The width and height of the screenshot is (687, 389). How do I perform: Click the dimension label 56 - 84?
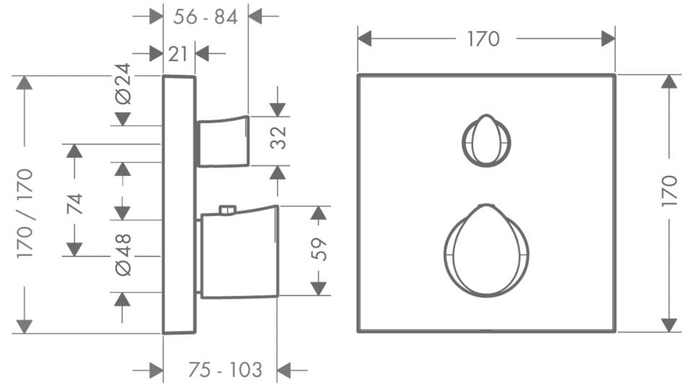click(x=205, y=17)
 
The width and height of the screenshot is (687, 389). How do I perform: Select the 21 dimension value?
click(x=178, y=53)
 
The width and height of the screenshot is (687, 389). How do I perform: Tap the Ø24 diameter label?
click(x=124, y=84)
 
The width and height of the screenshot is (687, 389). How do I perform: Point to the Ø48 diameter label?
click(x=124, y=254)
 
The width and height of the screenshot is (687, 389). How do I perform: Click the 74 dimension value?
click(x=75, y=203)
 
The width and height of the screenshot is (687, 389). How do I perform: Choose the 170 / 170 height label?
click(x=25, y=213)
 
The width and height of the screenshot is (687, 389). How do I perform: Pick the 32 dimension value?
click(x=278, y=138)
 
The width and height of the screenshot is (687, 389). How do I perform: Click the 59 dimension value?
click(x=319, y=249)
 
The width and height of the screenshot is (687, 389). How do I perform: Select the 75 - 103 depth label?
click(x=226, y=370)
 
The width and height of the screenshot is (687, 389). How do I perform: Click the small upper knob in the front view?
click(x=486, y=139)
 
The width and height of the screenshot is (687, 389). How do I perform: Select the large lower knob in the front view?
click(x=486, y=251)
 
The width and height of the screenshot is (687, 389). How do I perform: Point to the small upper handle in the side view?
click(x=223, y=142)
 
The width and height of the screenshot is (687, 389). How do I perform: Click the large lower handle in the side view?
click(x=238, y=254)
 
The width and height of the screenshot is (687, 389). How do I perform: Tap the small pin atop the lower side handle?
click(x=228, y=210)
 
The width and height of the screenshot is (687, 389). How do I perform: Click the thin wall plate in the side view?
click(x=179, y=204)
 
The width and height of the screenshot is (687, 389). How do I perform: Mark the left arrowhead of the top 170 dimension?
click(x=365, y=38)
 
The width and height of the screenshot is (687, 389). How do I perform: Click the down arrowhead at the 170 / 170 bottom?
click(x=25, y=326)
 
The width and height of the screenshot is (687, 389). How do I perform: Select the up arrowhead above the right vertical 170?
click(x=669, y=81)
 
